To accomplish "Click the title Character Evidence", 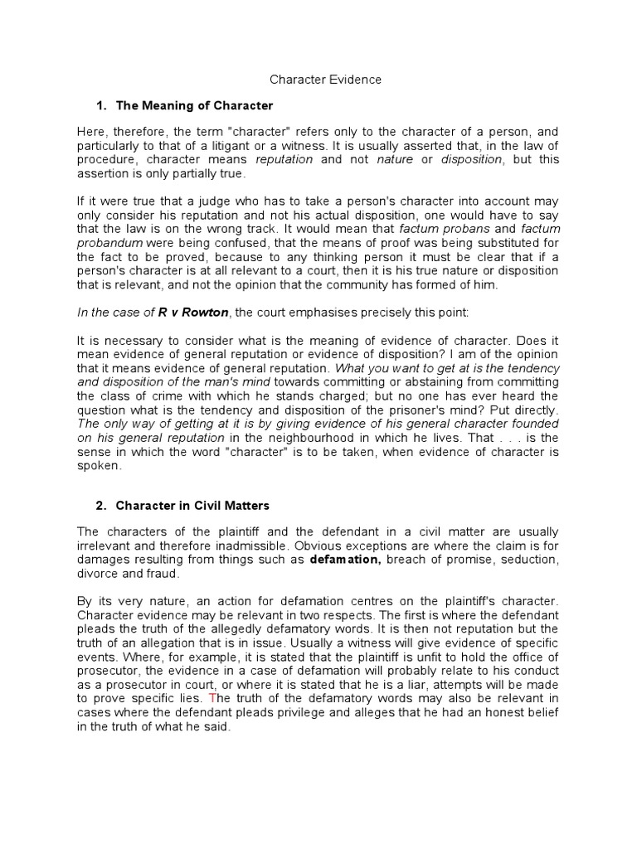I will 326,80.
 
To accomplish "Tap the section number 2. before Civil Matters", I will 102,505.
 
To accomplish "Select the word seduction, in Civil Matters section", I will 528,560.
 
